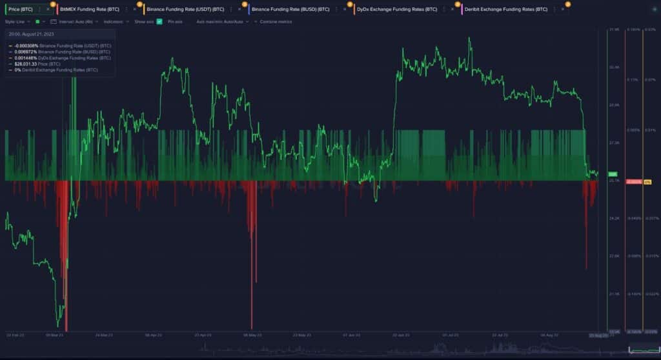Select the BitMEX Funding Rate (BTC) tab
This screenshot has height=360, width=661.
click(89, 9)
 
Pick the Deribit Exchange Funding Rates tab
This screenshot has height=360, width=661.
click(505, 9)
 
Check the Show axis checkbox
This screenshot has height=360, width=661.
click(159, 21)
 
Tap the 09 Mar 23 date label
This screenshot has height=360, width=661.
click(54, 335)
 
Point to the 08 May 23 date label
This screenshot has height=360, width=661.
click(252, 335)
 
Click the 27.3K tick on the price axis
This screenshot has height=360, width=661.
click(613, 143)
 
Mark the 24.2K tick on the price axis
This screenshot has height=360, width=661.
click(613, 219)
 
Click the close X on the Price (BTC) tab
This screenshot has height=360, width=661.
click(48, 9)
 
